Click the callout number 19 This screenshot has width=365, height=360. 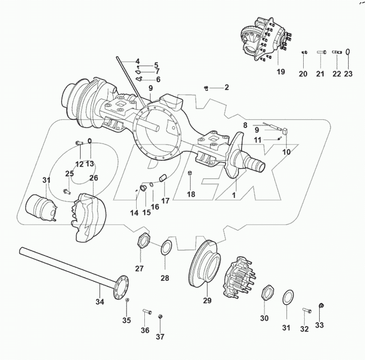point(281,72)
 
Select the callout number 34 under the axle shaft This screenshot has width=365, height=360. point(99,302)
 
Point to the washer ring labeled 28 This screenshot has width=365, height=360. point(165,247)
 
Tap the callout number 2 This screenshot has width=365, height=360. point(226,87)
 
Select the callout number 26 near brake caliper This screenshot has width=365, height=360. point(93,178)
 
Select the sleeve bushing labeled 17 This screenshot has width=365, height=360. point(163,177)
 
